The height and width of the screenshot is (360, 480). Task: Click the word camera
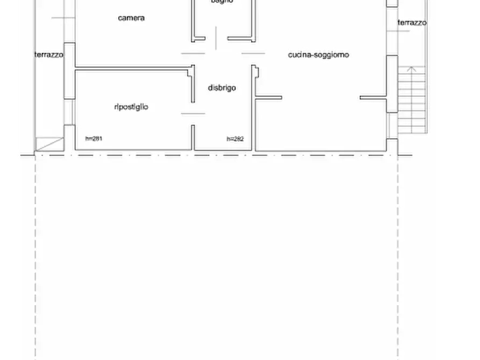point(131,18)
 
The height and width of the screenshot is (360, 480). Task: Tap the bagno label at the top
point(221,2)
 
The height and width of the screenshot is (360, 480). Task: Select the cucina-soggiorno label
point(318,55)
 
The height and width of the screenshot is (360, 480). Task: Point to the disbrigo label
point(221,88)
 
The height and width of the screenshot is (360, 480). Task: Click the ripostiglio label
point(131,107)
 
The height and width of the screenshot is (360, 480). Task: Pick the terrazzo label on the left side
point(49,55)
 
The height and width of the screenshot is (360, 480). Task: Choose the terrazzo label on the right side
point(412,23)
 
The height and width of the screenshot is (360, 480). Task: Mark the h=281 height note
point(94,139)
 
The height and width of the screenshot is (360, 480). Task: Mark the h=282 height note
point(235,139)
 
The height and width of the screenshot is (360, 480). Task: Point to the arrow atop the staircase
point(412,69)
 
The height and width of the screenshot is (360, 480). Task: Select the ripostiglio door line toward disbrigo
point(193,113)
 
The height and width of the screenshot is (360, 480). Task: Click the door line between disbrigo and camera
point(193,53)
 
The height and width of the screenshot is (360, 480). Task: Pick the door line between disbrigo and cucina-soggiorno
point(253,53)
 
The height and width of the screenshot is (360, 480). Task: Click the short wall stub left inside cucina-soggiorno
point(268,98)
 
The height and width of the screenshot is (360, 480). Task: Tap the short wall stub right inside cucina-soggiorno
point(373,98)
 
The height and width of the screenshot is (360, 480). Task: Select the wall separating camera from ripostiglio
point(133,68)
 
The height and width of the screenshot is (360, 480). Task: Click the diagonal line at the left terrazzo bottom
point(49,143)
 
